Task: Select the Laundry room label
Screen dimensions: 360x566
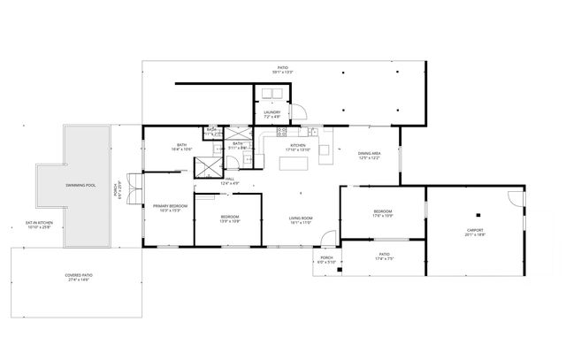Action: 272,112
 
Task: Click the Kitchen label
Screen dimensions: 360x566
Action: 298,145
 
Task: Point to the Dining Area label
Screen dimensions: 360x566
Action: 370,154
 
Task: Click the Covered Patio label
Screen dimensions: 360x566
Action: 79,275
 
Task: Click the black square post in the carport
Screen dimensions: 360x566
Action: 475,214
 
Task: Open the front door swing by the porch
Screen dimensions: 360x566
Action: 326,238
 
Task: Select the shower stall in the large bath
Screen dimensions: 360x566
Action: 209,166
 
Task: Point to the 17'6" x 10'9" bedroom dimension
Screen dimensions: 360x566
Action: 383,216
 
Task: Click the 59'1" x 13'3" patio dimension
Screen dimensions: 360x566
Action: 282,71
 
